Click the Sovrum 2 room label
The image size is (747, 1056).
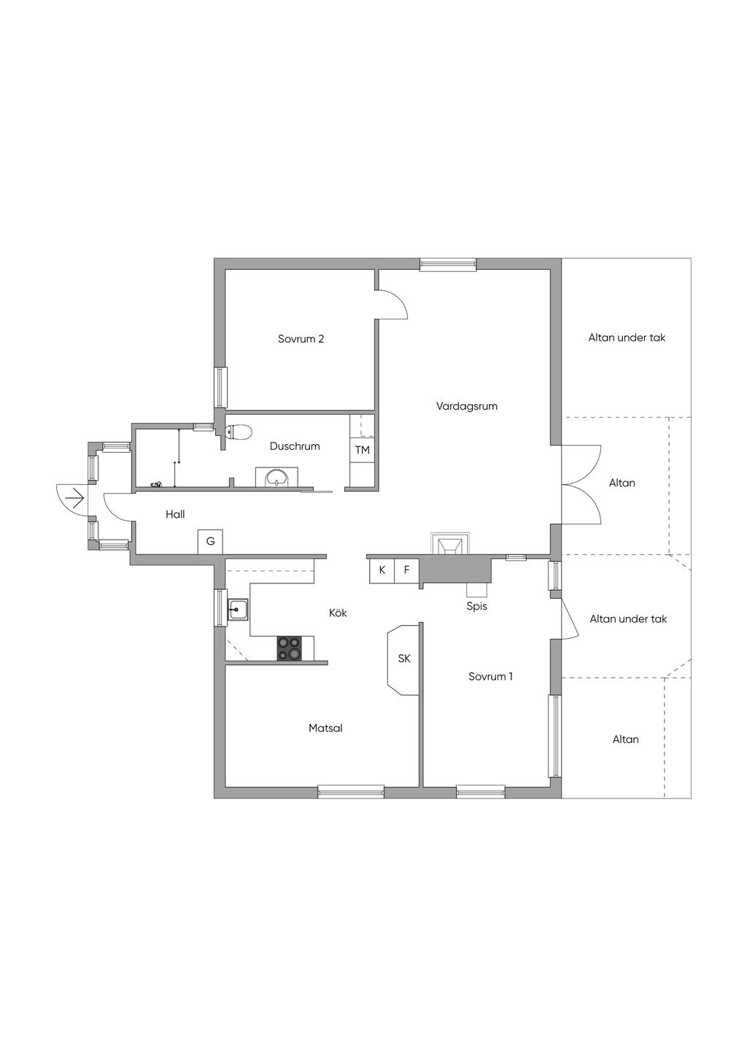click(301, 339)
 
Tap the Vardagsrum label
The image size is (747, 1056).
click(466, 406)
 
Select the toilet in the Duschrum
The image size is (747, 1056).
click(239, 432)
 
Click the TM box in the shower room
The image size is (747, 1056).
click(362, 450)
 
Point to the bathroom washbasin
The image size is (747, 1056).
click(276, 477)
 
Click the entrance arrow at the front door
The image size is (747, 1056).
click(75, 497)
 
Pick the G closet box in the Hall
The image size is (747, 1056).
click(210, 542)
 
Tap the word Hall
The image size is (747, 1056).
click(175, 514)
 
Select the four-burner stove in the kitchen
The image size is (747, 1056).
click(289, 648)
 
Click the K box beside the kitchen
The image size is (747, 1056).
click(382, 570)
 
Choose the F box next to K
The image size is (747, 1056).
click(406, 570)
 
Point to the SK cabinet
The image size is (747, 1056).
click(403, 660)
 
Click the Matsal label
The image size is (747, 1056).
click(325, 728)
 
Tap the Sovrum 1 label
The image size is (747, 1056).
click(490, 677)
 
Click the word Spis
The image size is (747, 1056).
click(477, 607)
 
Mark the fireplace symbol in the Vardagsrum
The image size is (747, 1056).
click(450, 544)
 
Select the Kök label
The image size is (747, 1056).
click(338, 613)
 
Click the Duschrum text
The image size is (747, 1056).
click(295, 446)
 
